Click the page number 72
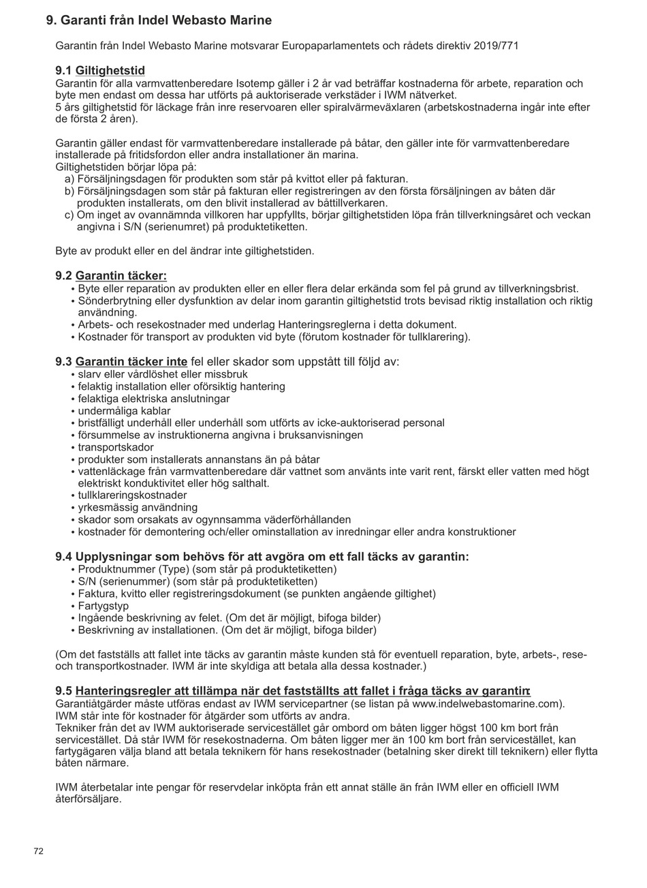coord(39,851)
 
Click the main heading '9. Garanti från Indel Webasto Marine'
coord(159,20)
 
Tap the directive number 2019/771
coord(498,46)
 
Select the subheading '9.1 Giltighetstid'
coord(100,71)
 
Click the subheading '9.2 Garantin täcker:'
coord(111,276)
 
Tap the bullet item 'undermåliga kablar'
coord(124,411)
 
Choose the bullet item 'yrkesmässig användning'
coord(138,508)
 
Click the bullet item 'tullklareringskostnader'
coord(132,495)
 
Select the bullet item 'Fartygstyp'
coord(103,606)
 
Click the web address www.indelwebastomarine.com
coord(487,703)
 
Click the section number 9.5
coord(64,691)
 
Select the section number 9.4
coord(64,557)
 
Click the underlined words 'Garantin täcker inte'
coord(131,362)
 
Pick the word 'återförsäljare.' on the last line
coord(89,799)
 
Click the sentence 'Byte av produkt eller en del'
coord(185,251)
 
